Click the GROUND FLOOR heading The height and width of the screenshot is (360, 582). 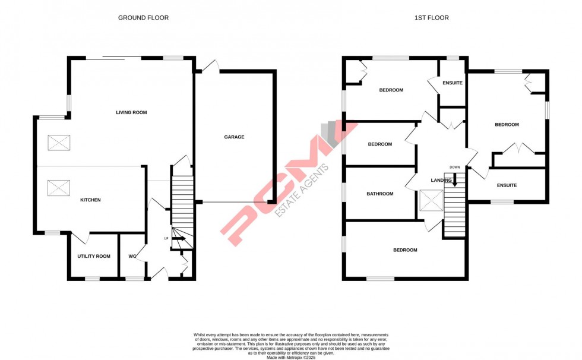tap(143, 18)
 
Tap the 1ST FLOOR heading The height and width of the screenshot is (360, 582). tap(431, 18)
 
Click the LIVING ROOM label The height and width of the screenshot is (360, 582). tap(131, 112)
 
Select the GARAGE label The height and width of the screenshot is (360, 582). tap(234, 137)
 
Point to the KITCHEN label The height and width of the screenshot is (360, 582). tap(90, 200)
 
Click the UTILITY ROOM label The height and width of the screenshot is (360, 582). tap(94, 257)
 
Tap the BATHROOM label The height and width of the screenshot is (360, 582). tap(380, 194)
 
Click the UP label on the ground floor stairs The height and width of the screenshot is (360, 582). tap(167, 239)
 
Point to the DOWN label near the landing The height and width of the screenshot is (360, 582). tap(455, 168)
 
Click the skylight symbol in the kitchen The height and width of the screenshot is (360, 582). tap(59, 189)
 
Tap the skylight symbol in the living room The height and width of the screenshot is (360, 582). tap(59, 143)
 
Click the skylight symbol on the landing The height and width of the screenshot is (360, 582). tap(431, 201)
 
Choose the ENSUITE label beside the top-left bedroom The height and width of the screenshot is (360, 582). tap(453, 83)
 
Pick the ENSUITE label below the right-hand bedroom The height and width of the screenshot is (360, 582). tap(507, 185)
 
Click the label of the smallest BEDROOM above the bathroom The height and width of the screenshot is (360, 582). tap(380, 144)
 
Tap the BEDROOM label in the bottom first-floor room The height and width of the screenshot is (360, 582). tap(405, 250)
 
